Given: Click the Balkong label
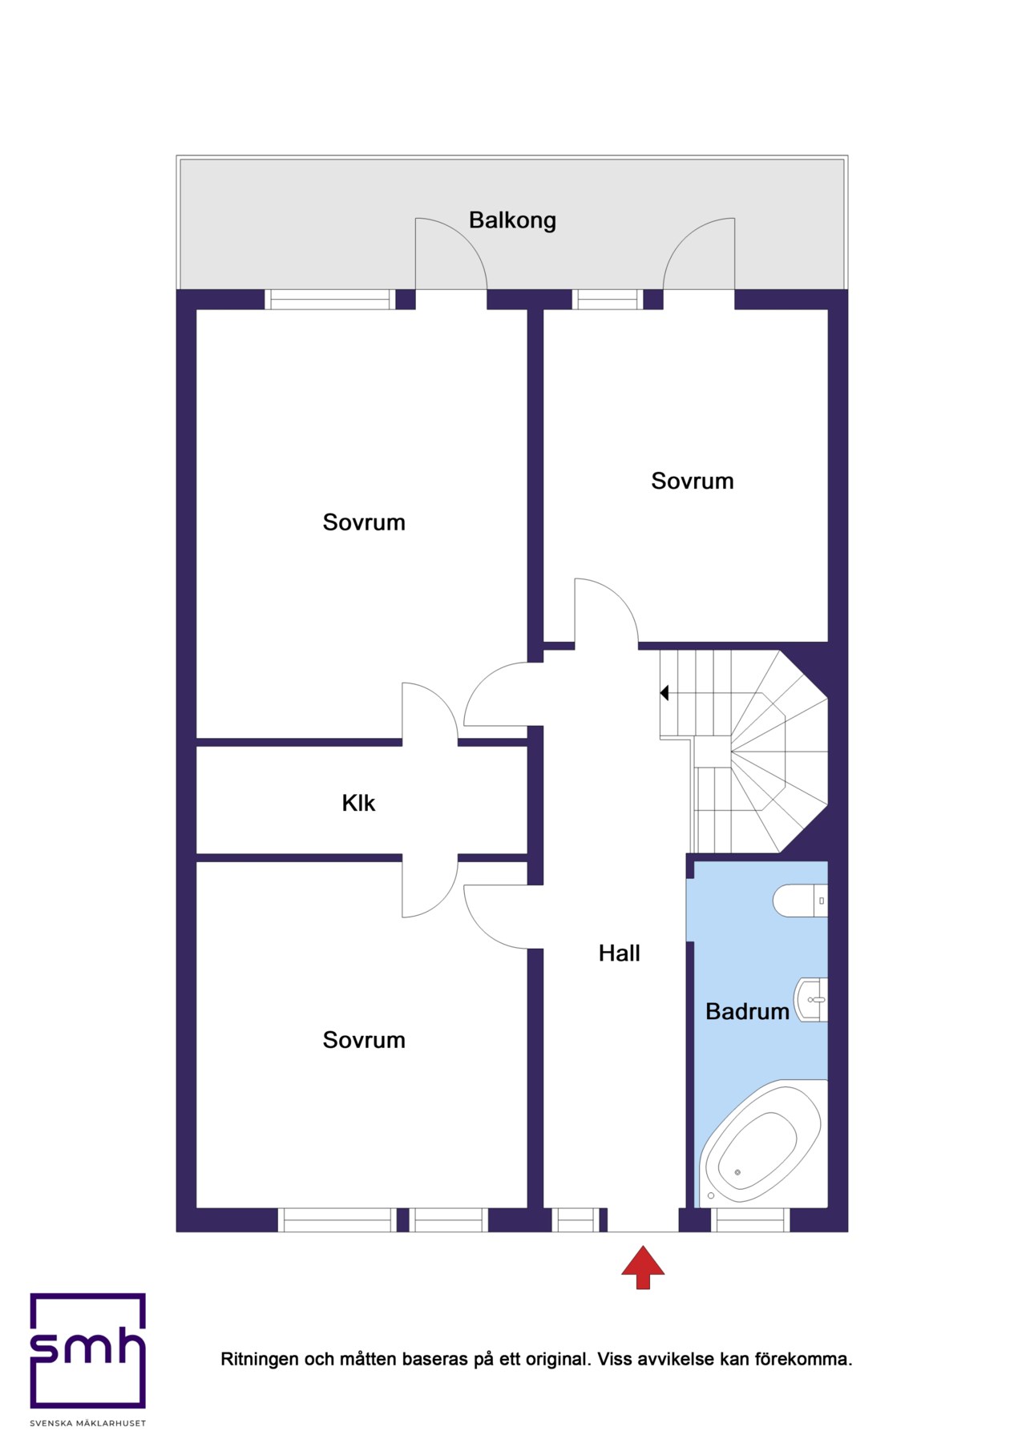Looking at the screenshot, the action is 512,220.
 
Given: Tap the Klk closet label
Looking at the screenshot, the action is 358,803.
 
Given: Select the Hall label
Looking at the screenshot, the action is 620,953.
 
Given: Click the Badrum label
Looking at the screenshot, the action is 747,1011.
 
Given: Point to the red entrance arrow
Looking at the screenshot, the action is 643,1267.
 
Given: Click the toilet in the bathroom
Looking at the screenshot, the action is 800,901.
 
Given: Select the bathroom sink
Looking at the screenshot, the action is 810,1000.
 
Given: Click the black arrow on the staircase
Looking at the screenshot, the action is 664,692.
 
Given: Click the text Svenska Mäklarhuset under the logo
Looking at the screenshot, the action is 88,1423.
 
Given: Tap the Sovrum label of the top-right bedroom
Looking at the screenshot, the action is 693,481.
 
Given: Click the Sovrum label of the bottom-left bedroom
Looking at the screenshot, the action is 364,1040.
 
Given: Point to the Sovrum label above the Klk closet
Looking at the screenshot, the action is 364,522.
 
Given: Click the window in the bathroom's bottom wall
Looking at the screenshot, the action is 751,1219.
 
